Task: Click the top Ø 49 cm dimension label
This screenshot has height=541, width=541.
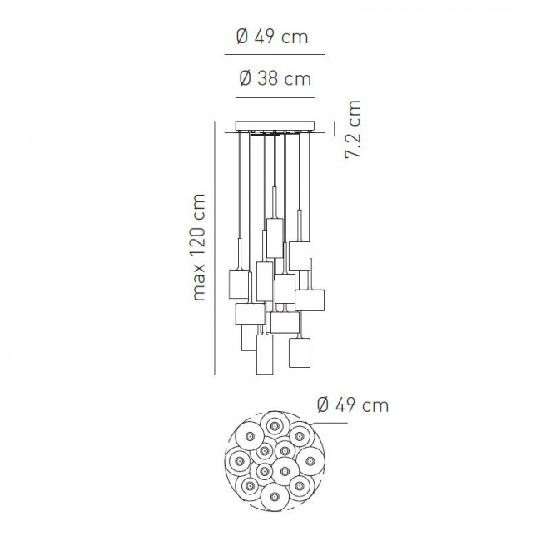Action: tap(272, 37)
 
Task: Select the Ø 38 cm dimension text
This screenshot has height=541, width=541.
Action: tap(275, 78)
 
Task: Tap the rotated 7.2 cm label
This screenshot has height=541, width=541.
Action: tap(353, 129)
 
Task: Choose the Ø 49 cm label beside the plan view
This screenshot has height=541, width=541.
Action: tap(353, 405)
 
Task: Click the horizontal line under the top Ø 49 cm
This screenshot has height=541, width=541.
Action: tap(275, 54)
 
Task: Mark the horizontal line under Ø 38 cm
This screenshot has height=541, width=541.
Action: tap(275, 98)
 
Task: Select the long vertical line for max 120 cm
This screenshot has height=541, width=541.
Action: tap(215, 247)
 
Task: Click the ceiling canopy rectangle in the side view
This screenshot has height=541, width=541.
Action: tap(275, 125)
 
